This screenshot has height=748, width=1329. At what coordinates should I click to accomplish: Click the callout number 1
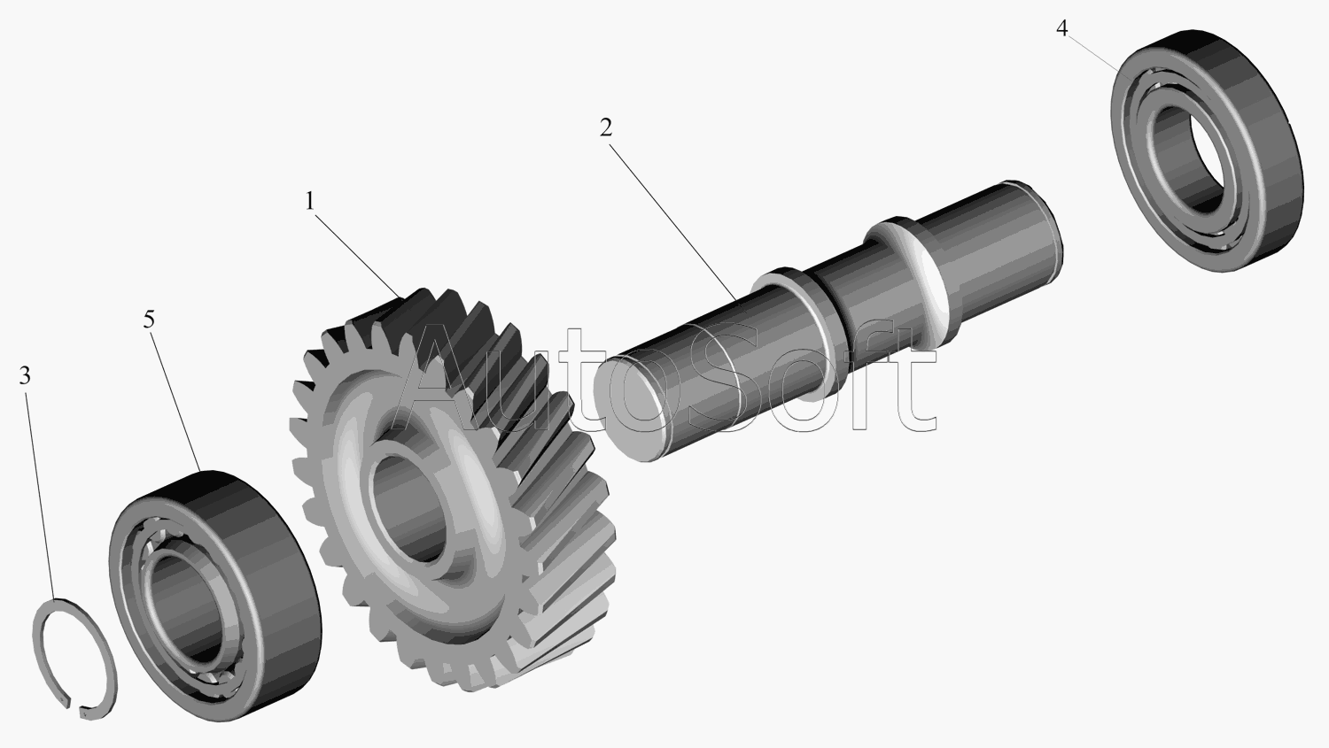[310, 202]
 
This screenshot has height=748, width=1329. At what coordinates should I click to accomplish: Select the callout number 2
[605, 127]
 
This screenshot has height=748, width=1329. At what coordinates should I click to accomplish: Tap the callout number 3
[24, 375]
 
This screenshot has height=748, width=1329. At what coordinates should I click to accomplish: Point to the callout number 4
[1062, 28]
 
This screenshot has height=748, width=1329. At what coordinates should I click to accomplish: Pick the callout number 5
[149, 320]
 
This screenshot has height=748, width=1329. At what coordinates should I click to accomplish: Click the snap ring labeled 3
[74, 659]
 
